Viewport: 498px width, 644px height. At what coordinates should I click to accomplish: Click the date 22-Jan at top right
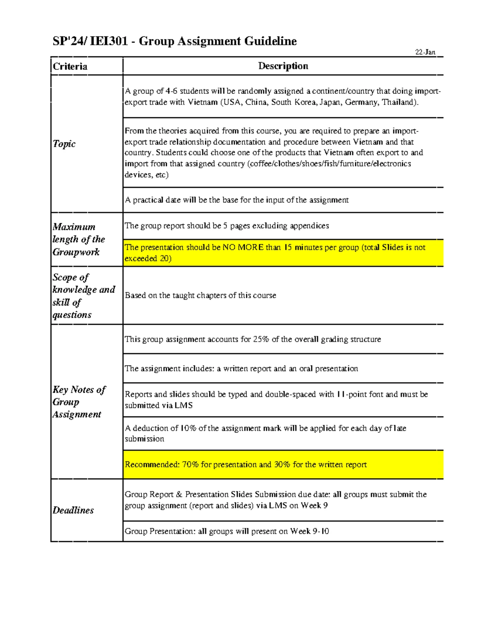425,52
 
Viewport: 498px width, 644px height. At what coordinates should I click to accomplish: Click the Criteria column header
70,66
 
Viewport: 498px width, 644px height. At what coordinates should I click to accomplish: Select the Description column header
283,66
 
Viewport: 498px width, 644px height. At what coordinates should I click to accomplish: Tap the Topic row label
64,144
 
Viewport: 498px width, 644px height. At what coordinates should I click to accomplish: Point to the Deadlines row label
73,510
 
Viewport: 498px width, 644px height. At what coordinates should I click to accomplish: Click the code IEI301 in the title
109,41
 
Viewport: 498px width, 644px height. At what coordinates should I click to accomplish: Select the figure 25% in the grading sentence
261,339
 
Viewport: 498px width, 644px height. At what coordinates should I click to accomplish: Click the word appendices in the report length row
309,226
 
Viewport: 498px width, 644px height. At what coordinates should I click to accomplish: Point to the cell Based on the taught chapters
200,296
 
